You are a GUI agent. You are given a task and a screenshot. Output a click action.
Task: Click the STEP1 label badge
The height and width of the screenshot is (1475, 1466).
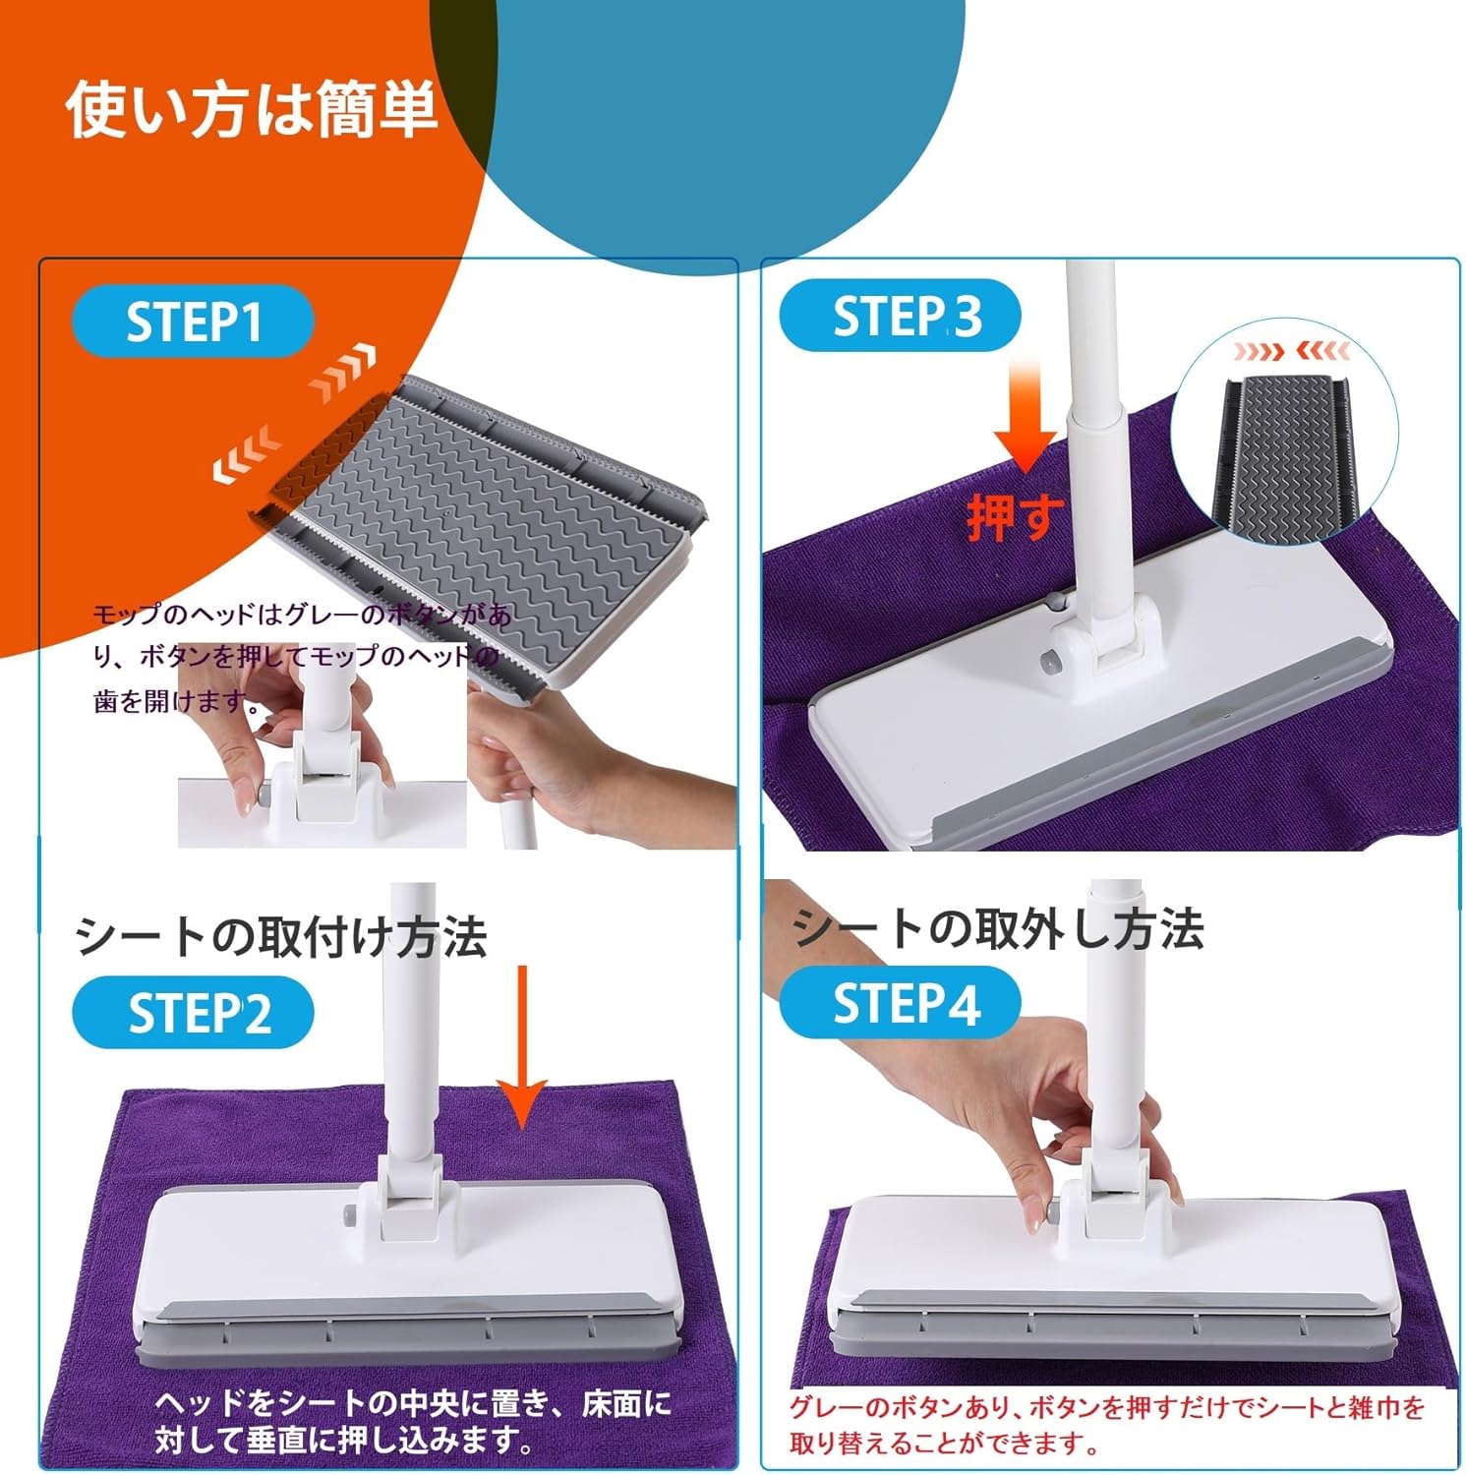pyautogui.click(x=193, y=321)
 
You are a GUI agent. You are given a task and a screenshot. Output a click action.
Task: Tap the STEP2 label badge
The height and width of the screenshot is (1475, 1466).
pyautogui.click(x=193, y=1012)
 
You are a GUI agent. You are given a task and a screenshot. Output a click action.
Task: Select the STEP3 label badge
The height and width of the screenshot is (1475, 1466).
pyautogui.click(x=900, y=316)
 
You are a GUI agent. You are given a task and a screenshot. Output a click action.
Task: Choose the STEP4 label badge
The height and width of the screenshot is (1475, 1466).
pyautogui.click(x=900, y=1002)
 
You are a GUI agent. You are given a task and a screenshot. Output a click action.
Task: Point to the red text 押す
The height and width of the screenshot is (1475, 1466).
pyautogui.click(x=1016, y=515)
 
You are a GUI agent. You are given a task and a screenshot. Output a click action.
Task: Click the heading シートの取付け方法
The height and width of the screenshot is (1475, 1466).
pyautogui.click(x=281, y=935)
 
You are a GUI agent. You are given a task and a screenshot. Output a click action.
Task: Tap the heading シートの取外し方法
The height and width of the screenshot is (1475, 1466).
pyautogui.click(x=998, y=927)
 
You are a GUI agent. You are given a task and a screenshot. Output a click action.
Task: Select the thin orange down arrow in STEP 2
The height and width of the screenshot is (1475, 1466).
pyautogui.click(x=521, y=1047)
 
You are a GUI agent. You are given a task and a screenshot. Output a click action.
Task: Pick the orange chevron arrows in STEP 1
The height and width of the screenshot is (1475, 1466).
pyautogui.click(x=341, y=374)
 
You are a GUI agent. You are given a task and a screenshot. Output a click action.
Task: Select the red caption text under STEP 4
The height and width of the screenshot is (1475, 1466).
pyautogui.click(x=1108, y=1425)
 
